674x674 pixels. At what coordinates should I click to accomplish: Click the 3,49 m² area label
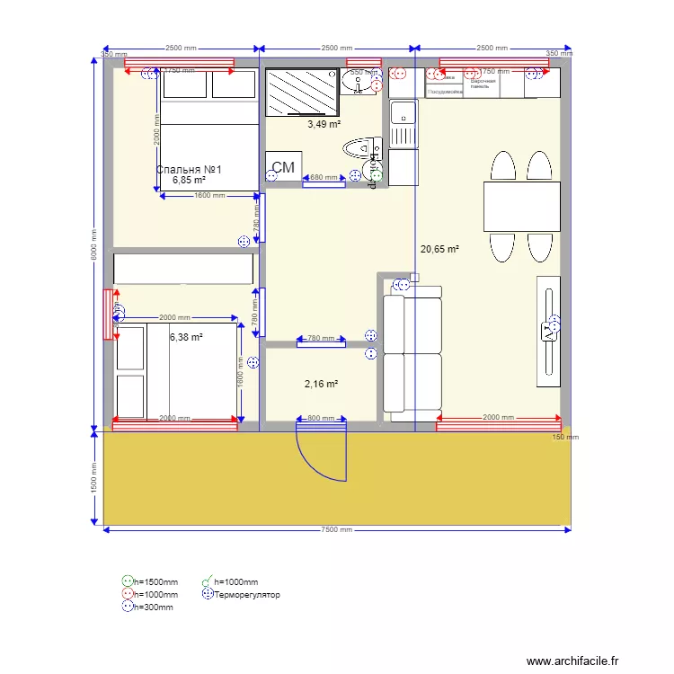tap(324, 124)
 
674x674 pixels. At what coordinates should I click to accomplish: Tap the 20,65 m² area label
tap(439, 250)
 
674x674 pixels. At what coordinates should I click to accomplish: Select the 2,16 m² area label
tap(321, 384)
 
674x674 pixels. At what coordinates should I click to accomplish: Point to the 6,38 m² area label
tap(186, 338)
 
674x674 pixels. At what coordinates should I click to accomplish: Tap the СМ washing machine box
tap(283, 168)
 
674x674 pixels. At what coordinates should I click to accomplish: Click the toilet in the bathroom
tap(362, 147)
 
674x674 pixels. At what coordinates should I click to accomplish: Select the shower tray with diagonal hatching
tap(303, 90)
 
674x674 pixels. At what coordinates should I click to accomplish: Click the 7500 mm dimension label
tap(337, 530)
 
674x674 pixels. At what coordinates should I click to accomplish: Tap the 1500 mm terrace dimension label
tap(93, 476)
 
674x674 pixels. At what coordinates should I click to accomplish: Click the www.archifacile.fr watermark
tap(572, 661)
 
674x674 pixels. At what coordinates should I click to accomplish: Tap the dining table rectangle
tap(517, 207)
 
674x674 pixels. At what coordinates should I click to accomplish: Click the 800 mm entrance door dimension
tap(320, 419)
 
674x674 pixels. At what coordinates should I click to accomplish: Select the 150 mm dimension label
tap(565, 438)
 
